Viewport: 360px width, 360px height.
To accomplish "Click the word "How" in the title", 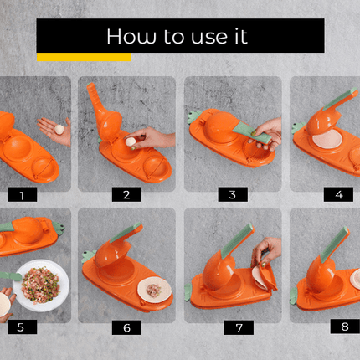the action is pyautogui.click(x=131, y=36).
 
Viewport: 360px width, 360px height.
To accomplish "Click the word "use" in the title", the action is pyautogui.click(x=209, y=38).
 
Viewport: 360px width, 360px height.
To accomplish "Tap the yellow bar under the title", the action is pyautogui.click(x=84, y=57).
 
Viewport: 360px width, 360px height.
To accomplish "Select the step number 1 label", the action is pyautogui.click(x=22, y=194).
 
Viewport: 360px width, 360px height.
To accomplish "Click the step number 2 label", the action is pyautogui.click(x=126, y=194).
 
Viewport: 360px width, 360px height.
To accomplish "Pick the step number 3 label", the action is pyautogui.click(x=233, y=194).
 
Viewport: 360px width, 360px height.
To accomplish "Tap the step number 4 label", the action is pyautogui.click(x=338, y=194).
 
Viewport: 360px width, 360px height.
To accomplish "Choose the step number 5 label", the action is pyautogui.click(x=22, y=327).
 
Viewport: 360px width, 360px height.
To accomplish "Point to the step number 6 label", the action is pyautogui.click(x=126, y=327).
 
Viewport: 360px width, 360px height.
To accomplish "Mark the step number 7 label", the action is pyautogui.click(x=239, y=327).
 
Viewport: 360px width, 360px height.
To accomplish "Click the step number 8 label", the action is pyautogui.click(x=345, y=327).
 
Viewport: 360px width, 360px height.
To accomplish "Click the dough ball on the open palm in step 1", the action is pyautogui.click(x=59, y=130).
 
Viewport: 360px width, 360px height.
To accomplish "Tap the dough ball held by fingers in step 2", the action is pyautogui.click(x=131, y=141).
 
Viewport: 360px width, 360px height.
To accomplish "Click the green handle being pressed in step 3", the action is pyautogui.click(x=251, y=132).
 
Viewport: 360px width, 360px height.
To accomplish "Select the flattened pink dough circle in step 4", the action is pyautogui.click(x=327, y=139).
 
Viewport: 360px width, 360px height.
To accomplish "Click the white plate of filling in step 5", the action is pyautogui.click(x=41, y=285).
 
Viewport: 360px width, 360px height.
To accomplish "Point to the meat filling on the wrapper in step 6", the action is pyautogui.click(x=153, y=291).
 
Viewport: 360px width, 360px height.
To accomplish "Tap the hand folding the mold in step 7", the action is pyautogui.click(x=265, y=251).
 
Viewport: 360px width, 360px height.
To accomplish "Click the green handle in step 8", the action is pyautogui.click(x=334, y=244).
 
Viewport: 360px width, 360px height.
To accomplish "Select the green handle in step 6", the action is pyautogui.click(x=126, y=233).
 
